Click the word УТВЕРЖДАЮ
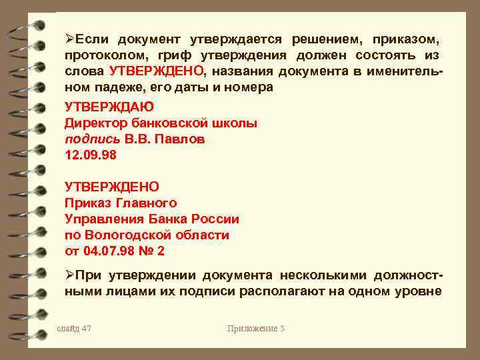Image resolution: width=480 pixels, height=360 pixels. point(109,106)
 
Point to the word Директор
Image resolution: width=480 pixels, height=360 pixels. point(95,123)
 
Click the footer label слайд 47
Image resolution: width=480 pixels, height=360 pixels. point(73,328)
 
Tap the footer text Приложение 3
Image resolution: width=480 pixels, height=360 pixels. point(256,328)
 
